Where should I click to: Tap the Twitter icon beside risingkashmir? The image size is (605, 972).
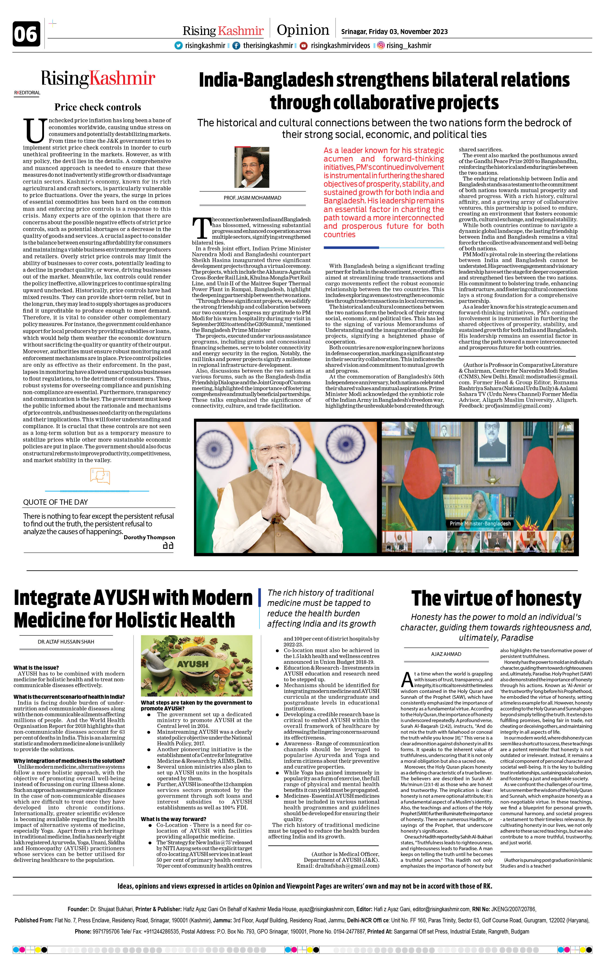click(x=178, y=46)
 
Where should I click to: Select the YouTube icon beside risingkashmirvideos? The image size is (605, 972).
click(x=304, y=46)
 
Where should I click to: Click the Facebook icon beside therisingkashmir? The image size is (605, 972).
click(x=236, y=46)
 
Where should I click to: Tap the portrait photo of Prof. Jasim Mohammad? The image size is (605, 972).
click(x=252, y=167)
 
